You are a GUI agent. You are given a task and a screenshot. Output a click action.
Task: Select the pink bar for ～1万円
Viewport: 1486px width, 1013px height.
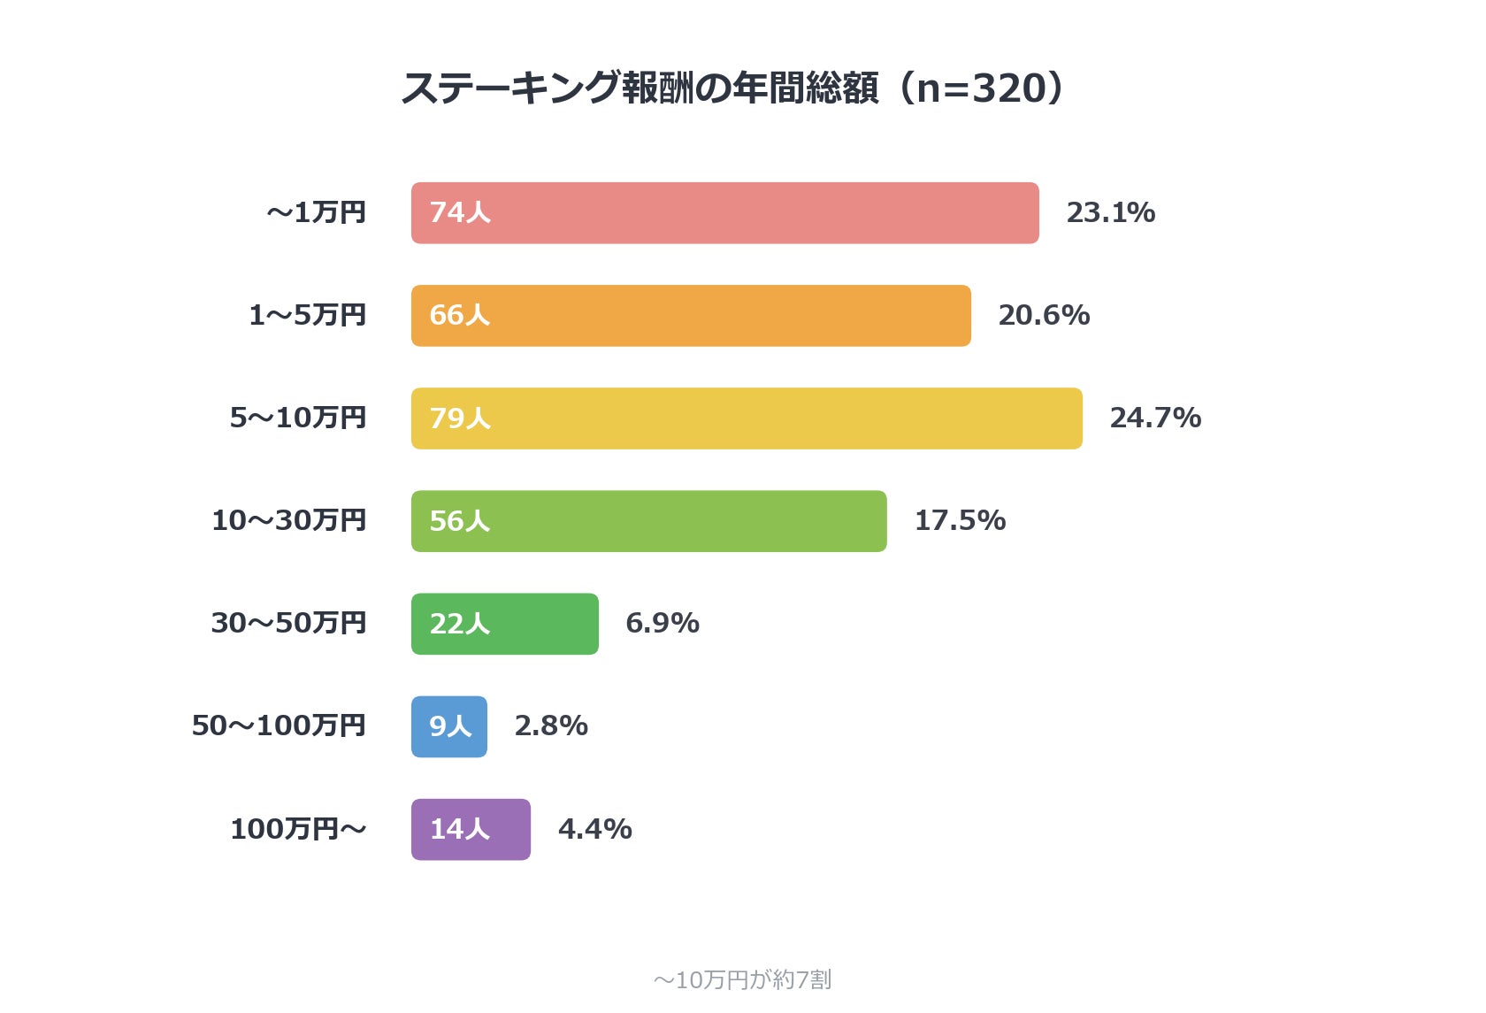click(725, 213)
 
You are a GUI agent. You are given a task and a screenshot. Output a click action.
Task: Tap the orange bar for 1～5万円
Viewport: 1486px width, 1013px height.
click(692, 316)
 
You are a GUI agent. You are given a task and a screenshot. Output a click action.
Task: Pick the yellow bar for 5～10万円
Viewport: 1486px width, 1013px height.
click(747, 418)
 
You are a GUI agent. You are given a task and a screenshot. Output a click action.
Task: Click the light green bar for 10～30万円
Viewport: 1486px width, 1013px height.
click(649, 521)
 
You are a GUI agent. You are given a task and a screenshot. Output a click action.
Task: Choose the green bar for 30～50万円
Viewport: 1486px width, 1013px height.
click(505, 624)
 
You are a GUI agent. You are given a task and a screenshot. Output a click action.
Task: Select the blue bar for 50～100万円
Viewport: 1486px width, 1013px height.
click(449, 726)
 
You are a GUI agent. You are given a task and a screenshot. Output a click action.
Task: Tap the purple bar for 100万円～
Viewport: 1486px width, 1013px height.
click(471, 829)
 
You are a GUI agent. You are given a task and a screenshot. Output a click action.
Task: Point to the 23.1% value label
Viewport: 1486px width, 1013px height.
click(1111, 213)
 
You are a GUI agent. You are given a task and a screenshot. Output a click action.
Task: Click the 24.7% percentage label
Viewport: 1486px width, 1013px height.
click(1155, 418)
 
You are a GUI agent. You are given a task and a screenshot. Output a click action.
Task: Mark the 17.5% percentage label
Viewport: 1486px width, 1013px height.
click(960, 521)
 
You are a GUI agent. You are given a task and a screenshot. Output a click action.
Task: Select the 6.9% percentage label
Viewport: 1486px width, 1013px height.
click(663, 623)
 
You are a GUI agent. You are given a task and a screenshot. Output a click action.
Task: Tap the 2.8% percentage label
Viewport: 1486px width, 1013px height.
click(551, 725)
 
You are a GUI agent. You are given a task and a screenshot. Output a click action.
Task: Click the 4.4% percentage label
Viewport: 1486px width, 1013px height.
click(595, 829)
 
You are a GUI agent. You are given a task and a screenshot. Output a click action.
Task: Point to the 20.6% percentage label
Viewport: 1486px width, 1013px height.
click(1044, 315)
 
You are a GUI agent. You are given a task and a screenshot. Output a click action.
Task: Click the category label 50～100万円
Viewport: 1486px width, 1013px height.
click(279, 725)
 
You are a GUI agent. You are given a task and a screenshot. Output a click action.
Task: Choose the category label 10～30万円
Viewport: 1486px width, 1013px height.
click(288, 521)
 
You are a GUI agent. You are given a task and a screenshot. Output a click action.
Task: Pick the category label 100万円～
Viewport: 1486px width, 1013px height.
click(299, 829)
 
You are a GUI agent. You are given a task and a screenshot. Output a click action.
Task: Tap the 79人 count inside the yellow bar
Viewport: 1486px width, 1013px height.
click(460, 418)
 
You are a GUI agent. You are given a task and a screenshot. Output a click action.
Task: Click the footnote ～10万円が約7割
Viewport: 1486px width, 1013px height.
click(742, 980)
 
